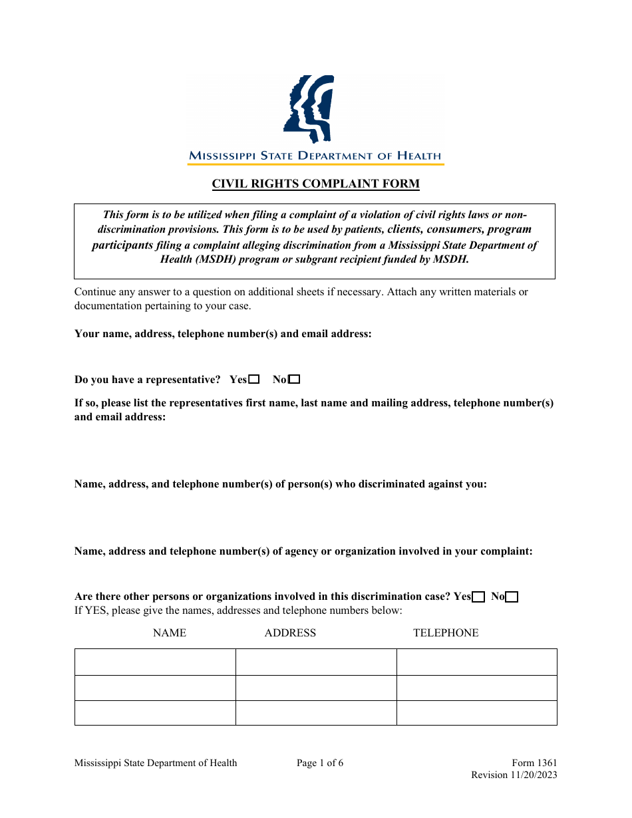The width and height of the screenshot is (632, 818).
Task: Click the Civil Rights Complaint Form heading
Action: [315, 184]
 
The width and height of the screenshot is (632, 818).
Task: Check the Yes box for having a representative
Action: [253, 380]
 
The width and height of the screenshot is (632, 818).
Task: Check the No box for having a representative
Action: [294, 380]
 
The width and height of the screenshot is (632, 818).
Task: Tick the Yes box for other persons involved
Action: [478, 597]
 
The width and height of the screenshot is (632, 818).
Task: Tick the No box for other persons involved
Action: [512, 597]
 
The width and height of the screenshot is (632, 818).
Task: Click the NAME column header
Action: [170, 633]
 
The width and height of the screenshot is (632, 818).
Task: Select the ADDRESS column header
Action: [290, 633]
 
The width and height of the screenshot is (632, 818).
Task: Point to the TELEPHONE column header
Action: [446, 633]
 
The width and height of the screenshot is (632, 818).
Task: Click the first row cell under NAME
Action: [155, 662]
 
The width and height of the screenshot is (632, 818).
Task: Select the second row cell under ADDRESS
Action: [316, 688]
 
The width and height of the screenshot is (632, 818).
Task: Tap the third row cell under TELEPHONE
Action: [476, 713]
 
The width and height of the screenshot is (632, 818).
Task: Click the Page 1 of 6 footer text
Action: [320, 763]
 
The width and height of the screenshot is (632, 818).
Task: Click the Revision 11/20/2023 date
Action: [514, 775]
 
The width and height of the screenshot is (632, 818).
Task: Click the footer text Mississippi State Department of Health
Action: [156, 763]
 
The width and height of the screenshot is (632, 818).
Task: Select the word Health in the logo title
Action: [419, 156]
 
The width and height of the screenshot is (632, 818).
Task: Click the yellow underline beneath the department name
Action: [315, 164]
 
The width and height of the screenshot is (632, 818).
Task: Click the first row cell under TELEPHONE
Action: [476, 662]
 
